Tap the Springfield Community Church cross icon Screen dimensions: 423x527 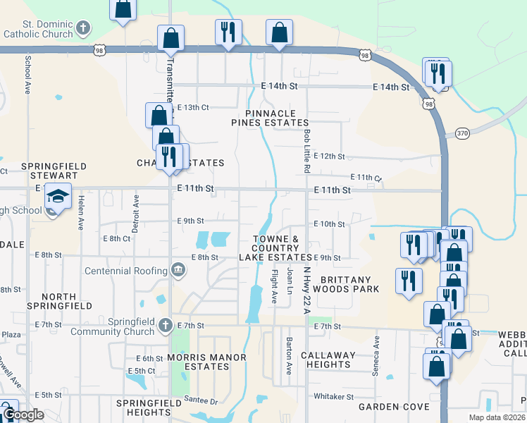pyautogui.click(x=165, y=326)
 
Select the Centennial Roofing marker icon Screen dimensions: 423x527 pyautogui.click(x=178, y=270)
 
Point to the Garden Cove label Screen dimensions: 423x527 pyautogui.click(x=393, y=407)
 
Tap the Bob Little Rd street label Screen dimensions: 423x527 pyautogui.click(x=306, y=151)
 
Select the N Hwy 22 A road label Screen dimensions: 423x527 pyautogui.click(x=307, y=290)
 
